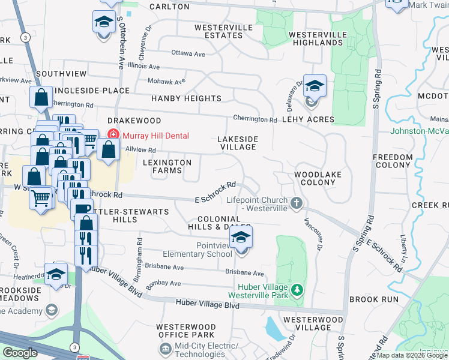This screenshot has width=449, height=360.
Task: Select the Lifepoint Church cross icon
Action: [295, 203]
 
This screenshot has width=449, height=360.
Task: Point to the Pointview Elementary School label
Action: [214, 250]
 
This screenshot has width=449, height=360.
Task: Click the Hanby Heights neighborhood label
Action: [186, 98]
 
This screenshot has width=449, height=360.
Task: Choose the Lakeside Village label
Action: [238, 143]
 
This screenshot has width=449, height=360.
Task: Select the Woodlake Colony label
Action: [315, 178]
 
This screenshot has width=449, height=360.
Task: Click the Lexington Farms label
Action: [167, 166]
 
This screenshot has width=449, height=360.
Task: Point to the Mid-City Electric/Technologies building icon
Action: [165, 347]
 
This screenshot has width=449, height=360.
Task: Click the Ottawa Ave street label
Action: [188, 54]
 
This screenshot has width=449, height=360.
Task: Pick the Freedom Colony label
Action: [393, 161]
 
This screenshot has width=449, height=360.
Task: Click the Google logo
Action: [20, 353]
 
